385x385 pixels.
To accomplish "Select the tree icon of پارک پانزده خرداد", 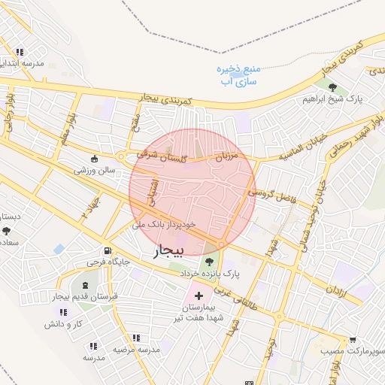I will pyautogui.click(x=208, y=260).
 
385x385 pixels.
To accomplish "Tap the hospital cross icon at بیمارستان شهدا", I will pyautogui.click(x=199, y=295).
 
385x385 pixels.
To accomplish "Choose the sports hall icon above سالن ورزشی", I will pyautogui.click(x=94, y=159).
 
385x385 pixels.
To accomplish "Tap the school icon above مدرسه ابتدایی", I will pyautogui.click(x=19, y=52).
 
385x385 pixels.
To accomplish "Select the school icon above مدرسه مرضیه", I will pyautogui.click(x=135, y=338).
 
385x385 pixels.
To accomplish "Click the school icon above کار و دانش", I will pyautogui.click(x=63, y=312).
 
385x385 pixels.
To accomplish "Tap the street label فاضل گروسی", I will pyautogui.click(x=271, y=199).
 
